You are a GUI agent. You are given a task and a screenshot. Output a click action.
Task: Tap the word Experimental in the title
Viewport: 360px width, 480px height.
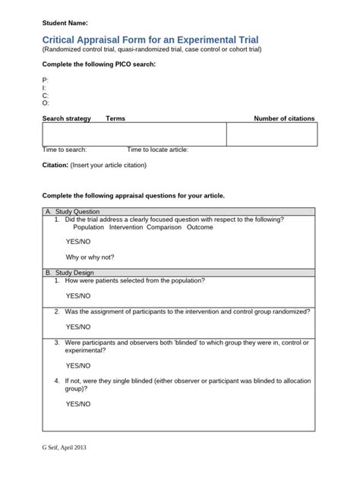pos(201,38)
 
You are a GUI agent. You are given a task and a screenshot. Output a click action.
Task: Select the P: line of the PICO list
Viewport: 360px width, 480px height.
pos(46,80)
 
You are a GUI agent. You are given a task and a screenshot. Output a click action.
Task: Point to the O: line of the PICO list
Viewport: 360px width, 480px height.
pos(46,103)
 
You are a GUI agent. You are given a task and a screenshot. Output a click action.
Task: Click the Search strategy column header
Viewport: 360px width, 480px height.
pos(66,118)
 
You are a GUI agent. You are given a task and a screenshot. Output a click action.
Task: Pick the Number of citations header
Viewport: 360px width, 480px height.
pos(283,118)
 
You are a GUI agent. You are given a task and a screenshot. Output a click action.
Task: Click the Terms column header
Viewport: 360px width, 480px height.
pos(115,118)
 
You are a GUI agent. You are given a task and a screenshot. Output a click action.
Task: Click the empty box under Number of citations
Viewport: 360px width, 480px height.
pos(271,134)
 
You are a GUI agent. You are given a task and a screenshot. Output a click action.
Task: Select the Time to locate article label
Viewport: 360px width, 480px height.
pos(157,150)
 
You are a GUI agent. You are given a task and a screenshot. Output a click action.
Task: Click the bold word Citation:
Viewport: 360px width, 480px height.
pos(55,165)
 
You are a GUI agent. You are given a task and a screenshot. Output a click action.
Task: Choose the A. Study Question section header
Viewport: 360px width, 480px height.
pos(72,211)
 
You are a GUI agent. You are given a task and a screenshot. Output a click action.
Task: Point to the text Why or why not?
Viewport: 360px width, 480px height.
pos(90,257)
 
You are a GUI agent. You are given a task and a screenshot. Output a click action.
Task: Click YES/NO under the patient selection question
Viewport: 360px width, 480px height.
pos(77,295)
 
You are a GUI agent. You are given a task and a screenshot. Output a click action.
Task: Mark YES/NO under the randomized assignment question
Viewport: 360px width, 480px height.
pos(77,327)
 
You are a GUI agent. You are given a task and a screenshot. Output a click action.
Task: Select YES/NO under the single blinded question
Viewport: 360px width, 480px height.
pos(77,404)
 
